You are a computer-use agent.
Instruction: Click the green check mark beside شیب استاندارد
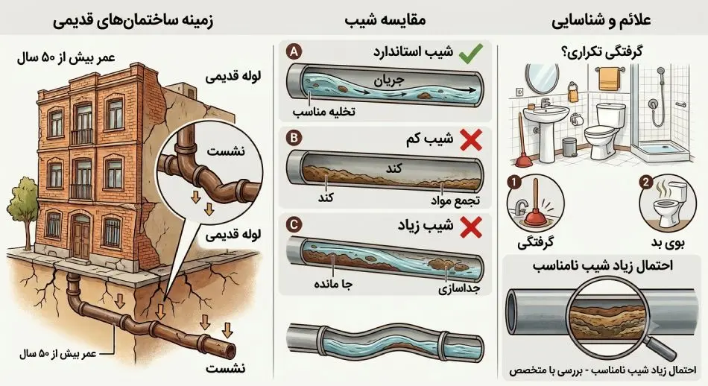470,53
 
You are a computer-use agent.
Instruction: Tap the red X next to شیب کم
471,139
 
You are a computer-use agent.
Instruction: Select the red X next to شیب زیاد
471,227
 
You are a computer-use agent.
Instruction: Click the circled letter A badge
294,51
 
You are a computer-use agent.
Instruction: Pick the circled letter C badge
294,224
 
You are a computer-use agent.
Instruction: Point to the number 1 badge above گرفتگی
514,183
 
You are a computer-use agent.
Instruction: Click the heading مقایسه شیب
385,20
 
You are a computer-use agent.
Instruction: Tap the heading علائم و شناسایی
601,21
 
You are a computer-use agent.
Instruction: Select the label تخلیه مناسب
323,112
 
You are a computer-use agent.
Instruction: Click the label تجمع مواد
455,200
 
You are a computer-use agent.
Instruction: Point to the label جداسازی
458,288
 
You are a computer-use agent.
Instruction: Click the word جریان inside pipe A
389,81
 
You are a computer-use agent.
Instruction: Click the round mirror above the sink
543,78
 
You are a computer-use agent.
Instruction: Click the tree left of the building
22,212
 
